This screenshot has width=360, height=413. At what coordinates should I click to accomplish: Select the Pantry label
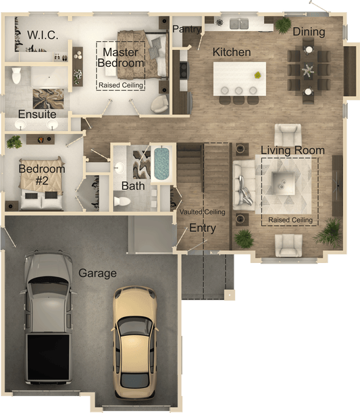pyautogui.click(x=186, y=29)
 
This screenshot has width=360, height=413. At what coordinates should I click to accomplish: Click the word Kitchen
pyautogui.click(x=232, y=52)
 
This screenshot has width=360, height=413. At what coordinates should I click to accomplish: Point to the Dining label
pyautogui.click(x=309, y=32)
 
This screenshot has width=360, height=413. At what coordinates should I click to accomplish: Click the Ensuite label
pyautogui.click(x=37, y=114)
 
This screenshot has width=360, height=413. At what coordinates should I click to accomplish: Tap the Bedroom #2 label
pyautogui.click(x=42, y=174)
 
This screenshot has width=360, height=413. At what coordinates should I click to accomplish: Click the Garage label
pyautogui.click(x=98, y=273)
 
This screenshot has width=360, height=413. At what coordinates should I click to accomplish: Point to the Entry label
pyautogui.click(x=203, y=228)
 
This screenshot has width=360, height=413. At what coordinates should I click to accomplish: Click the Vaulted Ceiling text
pyautogui.click(x=202, y=212)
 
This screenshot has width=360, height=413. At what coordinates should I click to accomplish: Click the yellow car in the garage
pyautogui.click(x=135, y=341)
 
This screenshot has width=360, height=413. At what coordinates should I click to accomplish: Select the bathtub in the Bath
pyautogui.click(x=161, y=164)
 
